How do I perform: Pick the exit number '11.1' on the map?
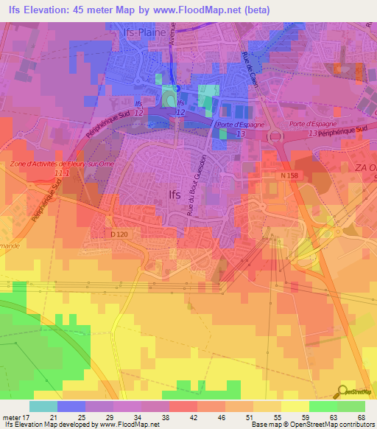click(x=63, y=172)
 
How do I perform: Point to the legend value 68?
click(x=360, y=418)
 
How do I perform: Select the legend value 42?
click(x=193, y=418)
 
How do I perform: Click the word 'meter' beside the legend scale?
click(x=12, y=418)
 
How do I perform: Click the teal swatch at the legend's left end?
click(x=43, y=406)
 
